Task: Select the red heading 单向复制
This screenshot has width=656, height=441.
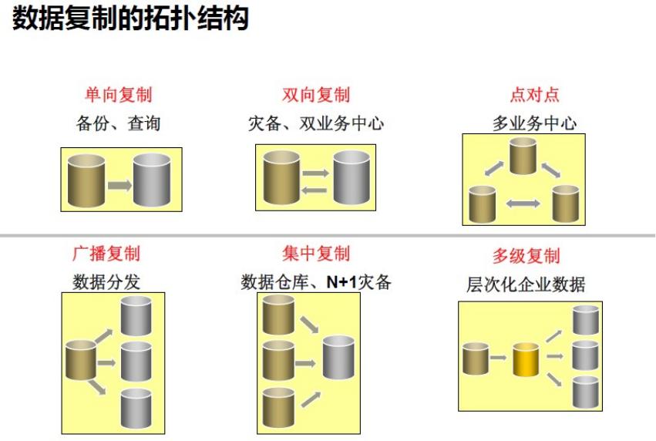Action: coord(118,95)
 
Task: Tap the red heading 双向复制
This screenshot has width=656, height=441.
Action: coord(316,95)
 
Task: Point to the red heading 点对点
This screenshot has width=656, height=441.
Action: coord(534,95)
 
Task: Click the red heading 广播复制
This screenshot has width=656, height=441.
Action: coord(106,253)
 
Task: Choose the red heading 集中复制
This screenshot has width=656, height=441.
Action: coord(316,253)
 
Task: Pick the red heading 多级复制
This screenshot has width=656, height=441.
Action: coord(526,256)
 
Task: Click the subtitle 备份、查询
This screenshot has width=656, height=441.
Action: coord(118,123)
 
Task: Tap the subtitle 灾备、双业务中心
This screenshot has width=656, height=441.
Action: coord(316,123)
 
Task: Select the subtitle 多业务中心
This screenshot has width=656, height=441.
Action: coord(534,123)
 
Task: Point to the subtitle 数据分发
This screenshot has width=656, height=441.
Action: coord(106,281)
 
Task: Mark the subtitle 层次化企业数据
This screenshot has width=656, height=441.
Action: coord(526,284)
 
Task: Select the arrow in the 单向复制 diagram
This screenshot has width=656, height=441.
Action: coord(119,185)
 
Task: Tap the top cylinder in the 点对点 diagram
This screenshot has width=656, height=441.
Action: coord(522,157)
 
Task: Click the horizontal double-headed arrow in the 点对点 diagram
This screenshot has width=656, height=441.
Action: coord(523,203)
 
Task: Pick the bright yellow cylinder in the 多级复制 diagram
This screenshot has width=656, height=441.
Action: coord(526,359)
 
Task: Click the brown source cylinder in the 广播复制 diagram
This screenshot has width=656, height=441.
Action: coord(80,360)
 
